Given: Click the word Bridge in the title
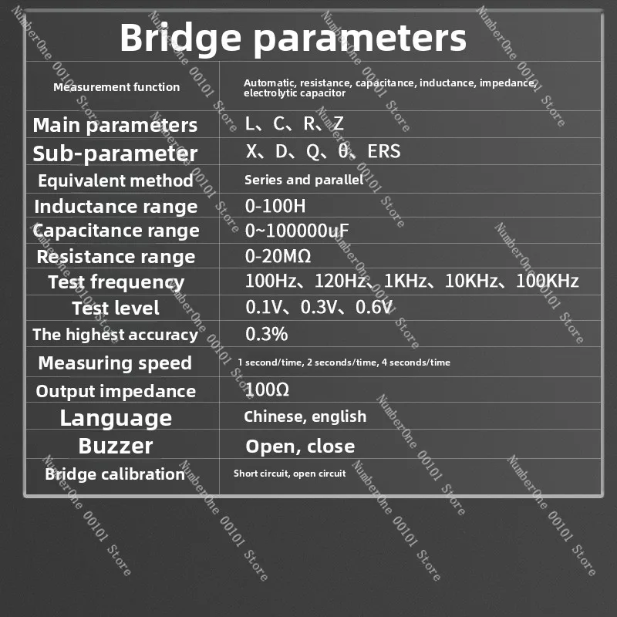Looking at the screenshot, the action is [x=180, y=38].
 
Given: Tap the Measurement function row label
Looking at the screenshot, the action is [x=116, y=87].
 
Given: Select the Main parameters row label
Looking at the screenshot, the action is [x=115, y=126].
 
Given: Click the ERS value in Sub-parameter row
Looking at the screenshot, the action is [x=383, y=151].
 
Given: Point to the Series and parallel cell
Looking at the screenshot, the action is [x=304, y=180].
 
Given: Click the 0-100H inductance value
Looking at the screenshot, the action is [x=275, y=206].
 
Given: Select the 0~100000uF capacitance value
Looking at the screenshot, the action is [x=297, y=231].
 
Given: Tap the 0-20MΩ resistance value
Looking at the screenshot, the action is [x=278, y=256].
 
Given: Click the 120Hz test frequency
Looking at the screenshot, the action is [x=340, y=281].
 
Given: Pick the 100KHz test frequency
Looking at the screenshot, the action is [x=547, y=281].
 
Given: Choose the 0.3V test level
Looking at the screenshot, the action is [x=319, y=307].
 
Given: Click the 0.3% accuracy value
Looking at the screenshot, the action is [x=266, y=334].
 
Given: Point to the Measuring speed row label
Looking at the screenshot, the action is [x=115, y=362].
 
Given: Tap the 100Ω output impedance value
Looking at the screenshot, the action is [x=267, y=389].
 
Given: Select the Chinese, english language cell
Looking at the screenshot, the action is [x=305, y=416].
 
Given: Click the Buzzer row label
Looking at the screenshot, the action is [x=115, y=446].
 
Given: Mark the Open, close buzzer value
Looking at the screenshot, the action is [x=300, y=447].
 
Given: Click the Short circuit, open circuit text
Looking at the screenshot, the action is [x=290, y=474].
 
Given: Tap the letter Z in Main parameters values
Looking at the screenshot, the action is [x=338, y=123].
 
